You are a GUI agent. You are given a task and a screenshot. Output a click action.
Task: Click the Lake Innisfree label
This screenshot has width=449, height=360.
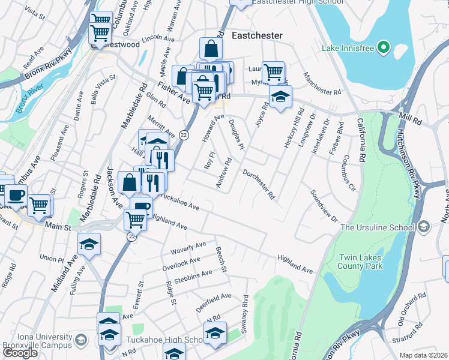click(348, 47)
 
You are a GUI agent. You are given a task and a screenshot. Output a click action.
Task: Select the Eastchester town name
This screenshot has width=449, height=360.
click(257, 35)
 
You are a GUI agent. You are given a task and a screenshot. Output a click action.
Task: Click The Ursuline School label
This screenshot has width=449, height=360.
click(377, 227)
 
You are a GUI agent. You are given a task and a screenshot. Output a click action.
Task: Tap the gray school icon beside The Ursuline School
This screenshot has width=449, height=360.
click(424, 227)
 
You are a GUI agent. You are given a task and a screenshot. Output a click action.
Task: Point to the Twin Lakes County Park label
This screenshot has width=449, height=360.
click(360, 261)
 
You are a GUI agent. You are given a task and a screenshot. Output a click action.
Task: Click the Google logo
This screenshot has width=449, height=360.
click(20, 353)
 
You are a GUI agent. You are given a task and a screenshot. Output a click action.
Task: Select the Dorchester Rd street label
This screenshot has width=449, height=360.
click(259, 184)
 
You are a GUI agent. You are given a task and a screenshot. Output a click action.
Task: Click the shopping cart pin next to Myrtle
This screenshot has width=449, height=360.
click(274, 72)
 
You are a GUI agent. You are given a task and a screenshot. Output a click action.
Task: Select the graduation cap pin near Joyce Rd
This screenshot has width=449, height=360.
click(280, 97)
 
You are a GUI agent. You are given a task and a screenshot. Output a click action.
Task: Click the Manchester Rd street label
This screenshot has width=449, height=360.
click(322, 83)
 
